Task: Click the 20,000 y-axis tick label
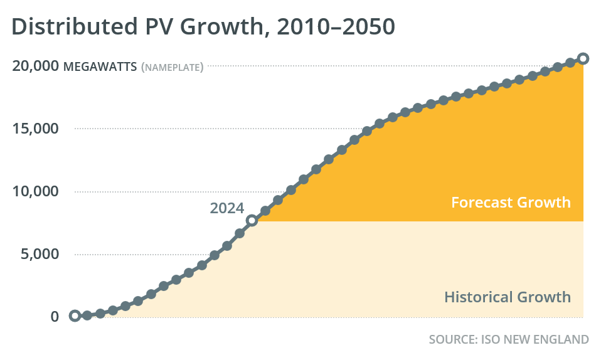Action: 35,66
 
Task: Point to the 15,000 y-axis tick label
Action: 35,129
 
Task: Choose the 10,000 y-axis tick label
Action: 35,191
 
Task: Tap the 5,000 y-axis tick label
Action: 39,254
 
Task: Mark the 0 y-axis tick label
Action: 55,316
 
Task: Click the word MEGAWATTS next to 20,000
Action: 100,66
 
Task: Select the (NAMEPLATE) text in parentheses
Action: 173,67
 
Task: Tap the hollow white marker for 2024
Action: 252,220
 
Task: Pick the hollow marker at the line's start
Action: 75,315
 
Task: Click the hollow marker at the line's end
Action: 583,58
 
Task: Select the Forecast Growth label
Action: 511,203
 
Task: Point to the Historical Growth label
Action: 508,297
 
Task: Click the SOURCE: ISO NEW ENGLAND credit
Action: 508,339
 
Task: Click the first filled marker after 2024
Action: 265,211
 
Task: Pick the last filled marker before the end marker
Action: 570,62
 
